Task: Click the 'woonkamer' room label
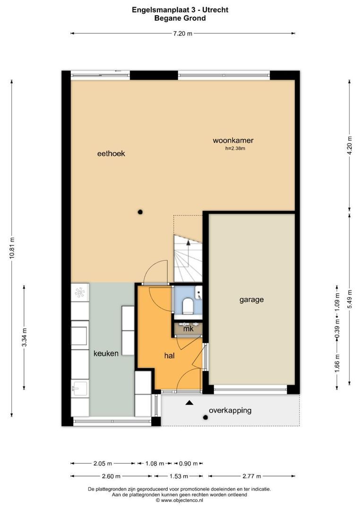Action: pos(233,140)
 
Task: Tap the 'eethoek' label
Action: pos(111,153)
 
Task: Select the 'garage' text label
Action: pos(251,299)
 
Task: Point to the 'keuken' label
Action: pos(106,353)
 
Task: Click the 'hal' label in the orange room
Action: pos(170,356)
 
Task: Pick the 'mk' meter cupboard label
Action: pos(189,329)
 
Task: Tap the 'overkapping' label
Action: pos(230,410)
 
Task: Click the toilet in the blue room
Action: pos(188,306)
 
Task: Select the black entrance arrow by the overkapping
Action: pos(189,402)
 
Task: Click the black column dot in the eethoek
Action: pos(140,212)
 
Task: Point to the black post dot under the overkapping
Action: pos(205,417)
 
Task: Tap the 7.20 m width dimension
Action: pos(182,33)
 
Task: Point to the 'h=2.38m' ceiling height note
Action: pos(235,149)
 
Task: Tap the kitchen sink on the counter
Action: pos(79,389)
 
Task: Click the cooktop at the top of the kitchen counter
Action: pos(79,292)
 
